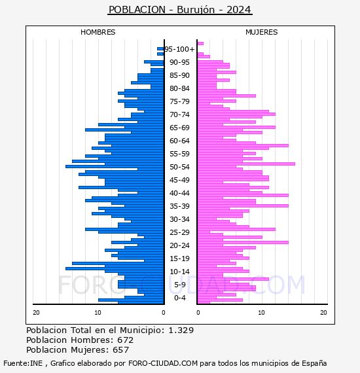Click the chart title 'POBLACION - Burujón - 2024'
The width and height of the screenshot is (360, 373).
click(179, 10)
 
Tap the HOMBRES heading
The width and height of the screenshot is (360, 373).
click(98, 32)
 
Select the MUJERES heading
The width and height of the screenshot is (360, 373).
click(262, 32)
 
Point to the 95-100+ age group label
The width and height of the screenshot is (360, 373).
click(179, 49)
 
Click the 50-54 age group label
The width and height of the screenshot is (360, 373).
click(179, 167)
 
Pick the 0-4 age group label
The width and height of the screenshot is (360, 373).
click(179, 298)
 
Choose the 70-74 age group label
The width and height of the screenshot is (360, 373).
click(179, 115)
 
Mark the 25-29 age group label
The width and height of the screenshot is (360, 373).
click(179, 232)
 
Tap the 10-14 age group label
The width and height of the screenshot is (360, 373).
click(179, 272)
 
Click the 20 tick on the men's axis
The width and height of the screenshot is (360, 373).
click(36, 313)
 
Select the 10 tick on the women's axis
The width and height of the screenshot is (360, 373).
click(261, 313)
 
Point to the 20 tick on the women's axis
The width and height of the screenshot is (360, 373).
click(323, 313)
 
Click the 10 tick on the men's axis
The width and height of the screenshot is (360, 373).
click(98, 313)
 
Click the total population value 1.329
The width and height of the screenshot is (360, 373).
click(181, 330)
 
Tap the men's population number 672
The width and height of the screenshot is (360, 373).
click(126, 340)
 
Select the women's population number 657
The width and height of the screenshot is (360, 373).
click(121, 350)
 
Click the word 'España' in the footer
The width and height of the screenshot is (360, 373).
click(314, 363)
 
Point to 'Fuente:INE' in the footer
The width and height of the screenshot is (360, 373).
click(23, 363)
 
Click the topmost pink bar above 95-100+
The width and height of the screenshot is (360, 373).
click(200, 44)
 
